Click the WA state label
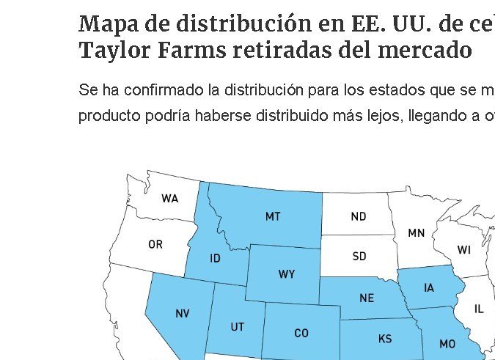(169, 199)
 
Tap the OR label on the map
(155, 244)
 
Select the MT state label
(273, 216)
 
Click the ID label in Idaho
(215, 258)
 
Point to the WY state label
(287, 274)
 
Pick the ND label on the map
(359, 216)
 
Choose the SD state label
(359, 257)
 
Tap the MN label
(416, 233)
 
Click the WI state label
(463, 250)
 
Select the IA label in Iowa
(429, 287)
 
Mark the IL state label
(479, 309)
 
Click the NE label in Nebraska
(367, 298)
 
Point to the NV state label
(183, 313)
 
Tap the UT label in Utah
(237, 327)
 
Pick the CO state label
(301, 333)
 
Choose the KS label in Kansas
(385, 339)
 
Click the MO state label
(447, 343)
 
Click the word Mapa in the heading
(105, 24)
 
